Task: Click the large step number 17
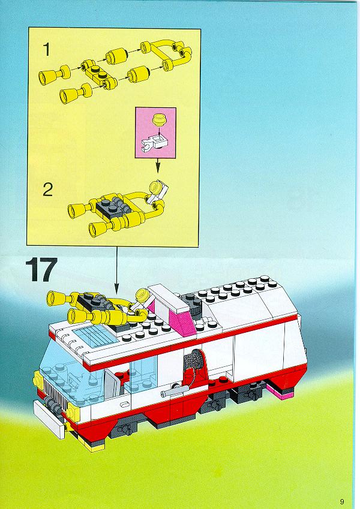pyautogui.click(x=41, y=269)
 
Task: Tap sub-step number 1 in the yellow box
pyautogui.click(x=47, y=50)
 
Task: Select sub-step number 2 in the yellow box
pyautogui.click(x=47, y=190)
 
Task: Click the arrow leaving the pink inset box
pyautogui.click(x=158, y=165)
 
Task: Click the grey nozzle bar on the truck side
pyautogui.click(x=175, y=390)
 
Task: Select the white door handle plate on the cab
pyautogui.click(x=124, y=404)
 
